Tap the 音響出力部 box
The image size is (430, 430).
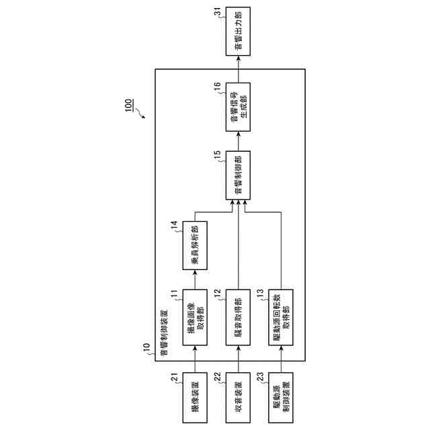point(237,32)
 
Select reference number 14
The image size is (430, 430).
point(175,227)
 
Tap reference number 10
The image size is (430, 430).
point(146,348)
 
